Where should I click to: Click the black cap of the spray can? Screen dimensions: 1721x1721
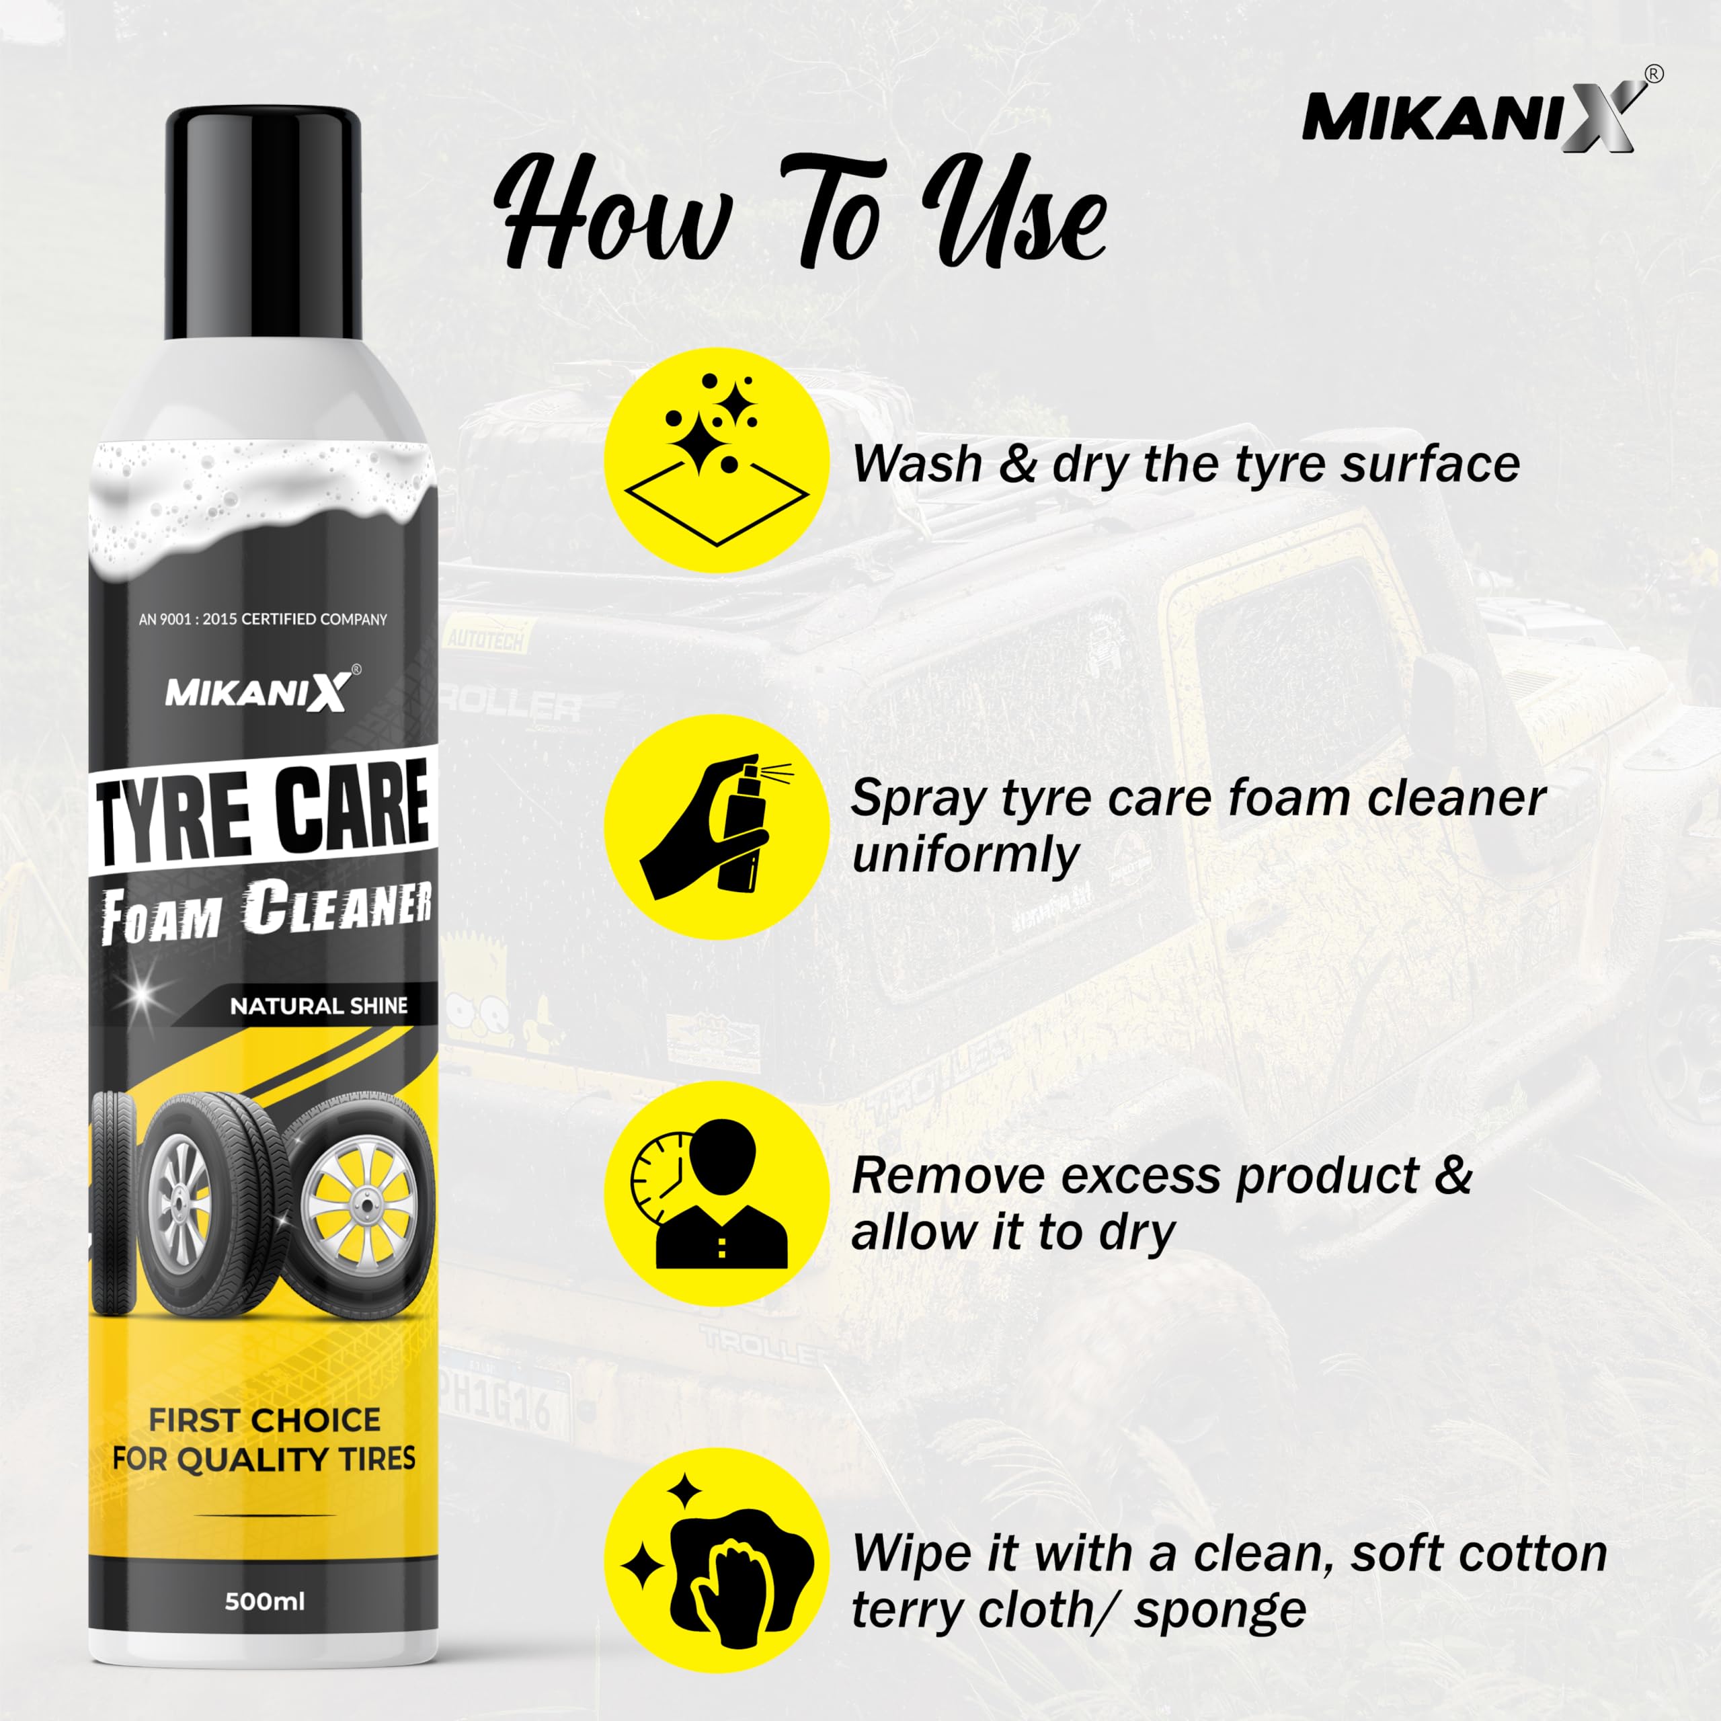(263, 223)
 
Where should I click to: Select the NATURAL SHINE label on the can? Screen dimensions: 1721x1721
(318, 1006)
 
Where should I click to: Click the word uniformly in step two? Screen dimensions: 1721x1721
(965, 854)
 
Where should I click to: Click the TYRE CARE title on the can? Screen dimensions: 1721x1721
(265, 811)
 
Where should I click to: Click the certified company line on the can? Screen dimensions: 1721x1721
(263, 619)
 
